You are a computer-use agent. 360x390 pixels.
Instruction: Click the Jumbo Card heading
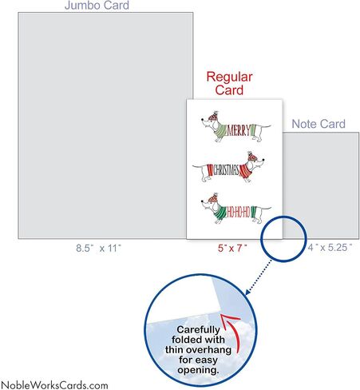coord(97,6)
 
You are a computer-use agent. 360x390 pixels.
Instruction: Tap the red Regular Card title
coord(229,83)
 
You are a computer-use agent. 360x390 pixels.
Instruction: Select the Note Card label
coord(318,124)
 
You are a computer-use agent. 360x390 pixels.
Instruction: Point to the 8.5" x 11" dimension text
coord(98,249)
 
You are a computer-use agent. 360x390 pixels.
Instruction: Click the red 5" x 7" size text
coord(232,249)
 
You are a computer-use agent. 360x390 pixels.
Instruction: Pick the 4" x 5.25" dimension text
coord(330,248)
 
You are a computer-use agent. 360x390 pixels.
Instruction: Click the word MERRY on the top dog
coord(239,130)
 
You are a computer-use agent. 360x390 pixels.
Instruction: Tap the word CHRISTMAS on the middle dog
coord(226,170)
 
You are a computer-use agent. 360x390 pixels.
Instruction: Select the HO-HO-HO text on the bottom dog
coord(238,212)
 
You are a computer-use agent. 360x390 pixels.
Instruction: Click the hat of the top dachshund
coord(214,116)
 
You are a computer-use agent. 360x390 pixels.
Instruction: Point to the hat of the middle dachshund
coord(252,157)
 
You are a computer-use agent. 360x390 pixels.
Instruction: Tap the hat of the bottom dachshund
coord(214,198)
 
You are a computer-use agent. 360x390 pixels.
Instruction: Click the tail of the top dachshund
coord(266,126)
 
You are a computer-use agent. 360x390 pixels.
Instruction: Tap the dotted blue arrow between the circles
coord(258,277)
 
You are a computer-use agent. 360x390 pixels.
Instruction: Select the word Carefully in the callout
coord(198,330)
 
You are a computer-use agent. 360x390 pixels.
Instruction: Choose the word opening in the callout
coord(198,370)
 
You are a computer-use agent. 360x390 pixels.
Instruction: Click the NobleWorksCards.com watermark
coord(54,385)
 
